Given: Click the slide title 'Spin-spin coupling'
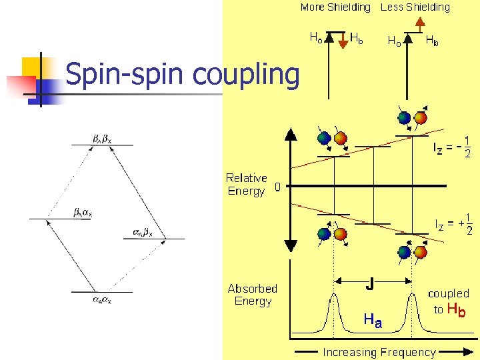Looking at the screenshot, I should pos(183,75).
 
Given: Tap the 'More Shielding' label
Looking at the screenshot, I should pos(335,7).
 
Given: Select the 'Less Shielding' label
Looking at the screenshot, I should pos(415,7).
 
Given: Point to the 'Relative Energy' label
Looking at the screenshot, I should pos(246,185).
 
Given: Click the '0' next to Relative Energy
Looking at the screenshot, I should pos(278,189).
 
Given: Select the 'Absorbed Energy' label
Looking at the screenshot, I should pos(252,295).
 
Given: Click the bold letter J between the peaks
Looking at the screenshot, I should pos(369,285).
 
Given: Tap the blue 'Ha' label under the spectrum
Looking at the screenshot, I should pos(373,320).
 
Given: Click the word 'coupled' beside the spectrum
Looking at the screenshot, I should pos(448,293).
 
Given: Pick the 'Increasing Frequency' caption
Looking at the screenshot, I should pos(379,352).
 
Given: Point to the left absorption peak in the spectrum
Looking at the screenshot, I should pos(333,313).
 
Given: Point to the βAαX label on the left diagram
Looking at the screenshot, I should pos(83,213).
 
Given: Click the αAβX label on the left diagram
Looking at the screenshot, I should pos(142,233).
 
